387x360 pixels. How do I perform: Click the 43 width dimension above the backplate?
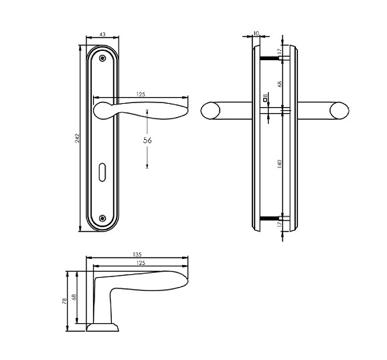click(102, 35)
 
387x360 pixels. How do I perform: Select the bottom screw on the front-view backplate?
click(102, 217)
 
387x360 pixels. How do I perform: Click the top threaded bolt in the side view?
click(270, 58)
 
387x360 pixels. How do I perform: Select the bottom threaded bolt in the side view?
click(270, 217)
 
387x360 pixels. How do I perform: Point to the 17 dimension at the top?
click(279, 51)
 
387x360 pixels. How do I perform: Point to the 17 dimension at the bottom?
click(279, 226)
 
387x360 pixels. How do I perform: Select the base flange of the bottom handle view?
click(102, 327)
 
